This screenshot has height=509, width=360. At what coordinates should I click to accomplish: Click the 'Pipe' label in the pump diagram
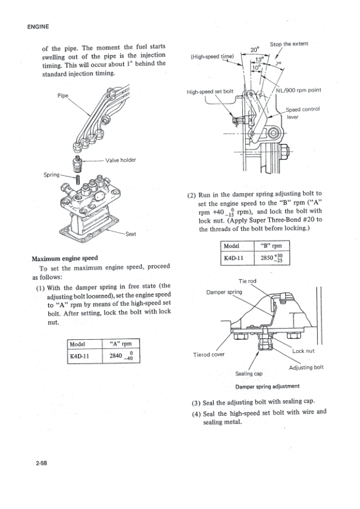[64, 96]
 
